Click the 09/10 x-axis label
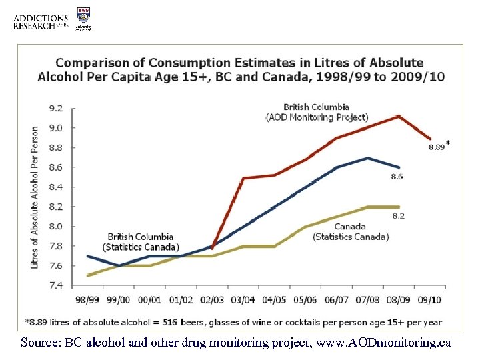point(428,301)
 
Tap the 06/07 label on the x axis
point(336,301)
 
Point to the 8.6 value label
point(398,177)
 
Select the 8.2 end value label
point(398,216)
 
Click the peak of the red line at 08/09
point(398,117)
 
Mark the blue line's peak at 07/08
point(367,158)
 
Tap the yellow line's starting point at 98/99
point(89,275)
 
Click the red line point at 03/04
point(243,178)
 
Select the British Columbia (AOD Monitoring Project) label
point(316,112)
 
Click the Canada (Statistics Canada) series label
point(351,231)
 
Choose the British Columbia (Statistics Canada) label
point(141,241)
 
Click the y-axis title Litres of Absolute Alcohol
point(35,197)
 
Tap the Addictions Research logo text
point(41,22)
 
